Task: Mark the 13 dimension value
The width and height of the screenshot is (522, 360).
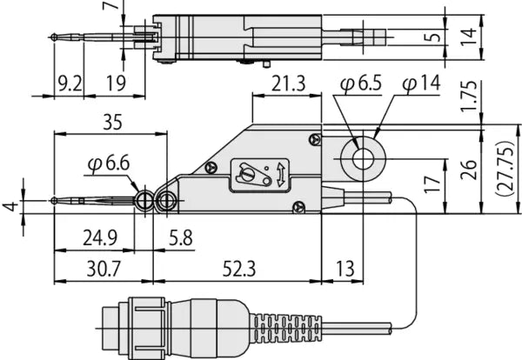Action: click(343, 270)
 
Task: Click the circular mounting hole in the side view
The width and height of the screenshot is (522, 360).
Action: click(358, 159)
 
